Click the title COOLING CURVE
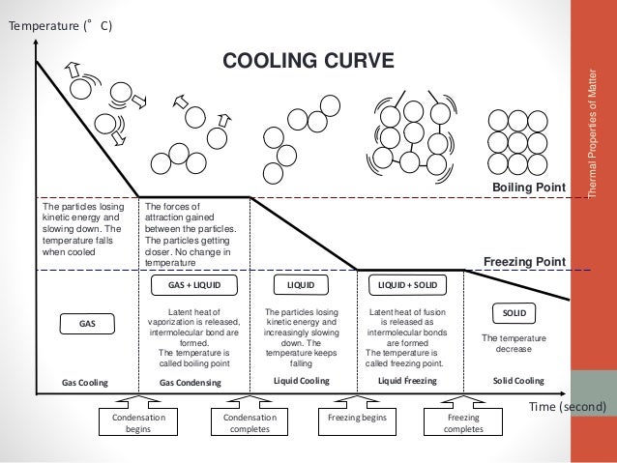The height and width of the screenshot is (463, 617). pyautogui.click(x=308, y=62)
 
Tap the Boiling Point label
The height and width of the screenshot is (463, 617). pyautogui.click(x=527, y=186)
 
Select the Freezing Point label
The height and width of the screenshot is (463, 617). pyautogui.click(x=523, y=260)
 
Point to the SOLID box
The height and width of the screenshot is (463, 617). pyautogui.click(x=514, y=313)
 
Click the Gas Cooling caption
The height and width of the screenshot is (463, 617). pyautogui.click(x=85, y=382)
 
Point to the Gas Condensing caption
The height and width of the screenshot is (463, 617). pyautogui.click(x=191, y=383)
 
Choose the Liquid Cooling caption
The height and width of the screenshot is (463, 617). pyautogui.click(x=301, y=382)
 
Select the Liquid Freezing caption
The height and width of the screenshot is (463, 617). pyautogui.click(x=408, y=382)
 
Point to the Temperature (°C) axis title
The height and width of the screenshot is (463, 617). pyautogui.click(x=60, y=25)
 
